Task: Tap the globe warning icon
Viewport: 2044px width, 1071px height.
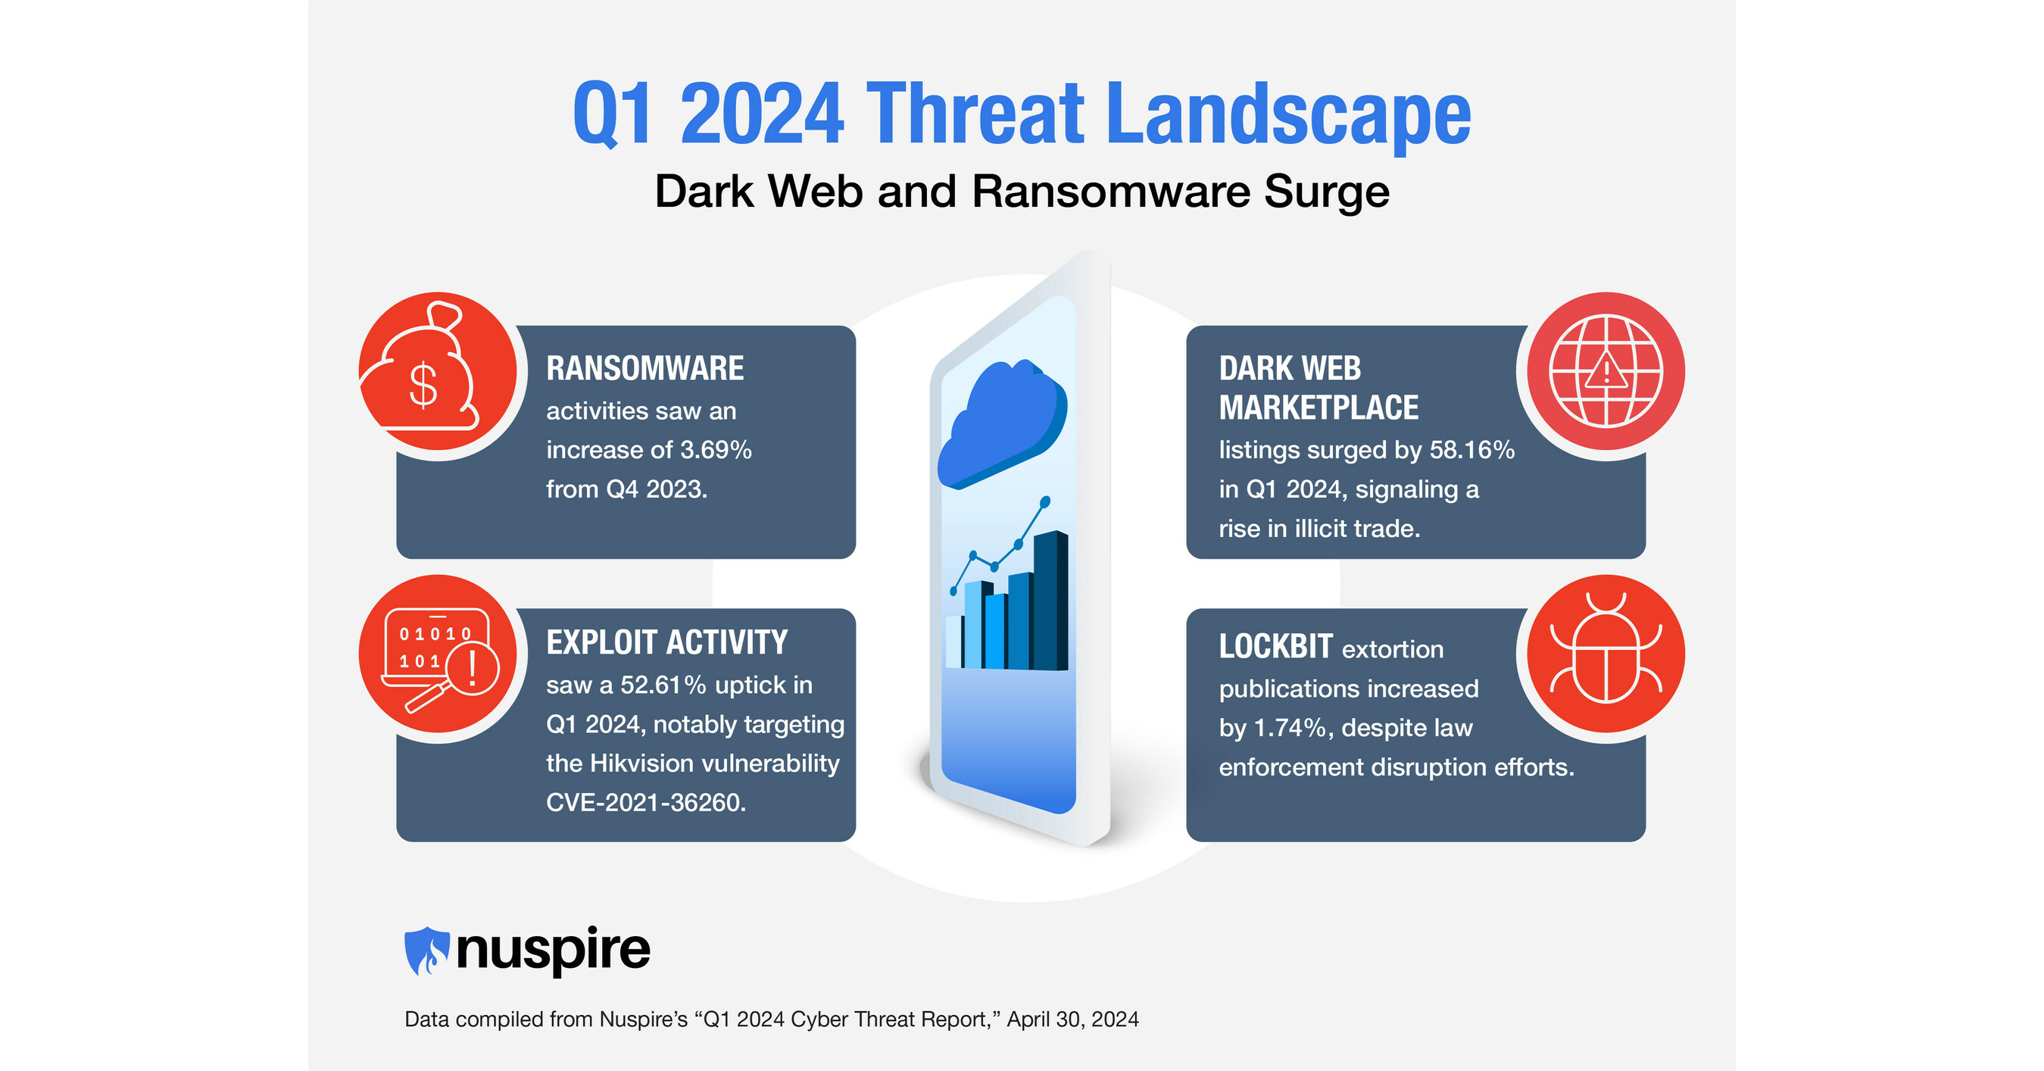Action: (x=1606, y=370)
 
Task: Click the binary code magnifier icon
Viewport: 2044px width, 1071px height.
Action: (x=438, y=657)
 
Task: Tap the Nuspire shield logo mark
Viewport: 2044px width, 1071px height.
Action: (x=427, y=950)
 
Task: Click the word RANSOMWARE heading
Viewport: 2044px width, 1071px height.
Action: (x=644, y=369)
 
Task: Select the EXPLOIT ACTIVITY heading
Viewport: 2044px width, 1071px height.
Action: (x=666, y=642)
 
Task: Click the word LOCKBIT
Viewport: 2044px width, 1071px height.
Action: (x=1275, y=647)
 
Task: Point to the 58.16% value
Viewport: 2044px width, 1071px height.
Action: (x=1472, y=450)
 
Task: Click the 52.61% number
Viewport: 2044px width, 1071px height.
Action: (x=663, y=685)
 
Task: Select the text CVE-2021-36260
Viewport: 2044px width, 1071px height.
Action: (x=646, y=802)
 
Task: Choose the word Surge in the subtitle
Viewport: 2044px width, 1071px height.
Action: (x=1326, y=191)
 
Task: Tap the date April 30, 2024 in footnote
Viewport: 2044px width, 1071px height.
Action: (x=1073, y=1019)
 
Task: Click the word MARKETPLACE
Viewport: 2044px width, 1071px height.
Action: (x=1318, y=407)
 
